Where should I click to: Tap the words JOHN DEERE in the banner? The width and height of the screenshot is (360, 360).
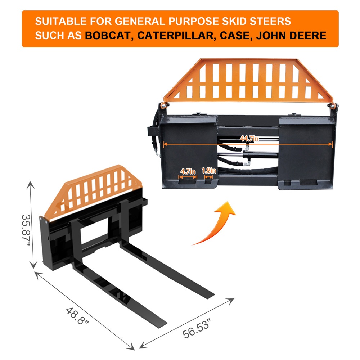[x=291, y=36]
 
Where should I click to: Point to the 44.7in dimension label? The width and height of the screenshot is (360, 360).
[x=249, y=139]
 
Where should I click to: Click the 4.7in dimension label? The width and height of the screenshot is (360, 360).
[x=188, y=171]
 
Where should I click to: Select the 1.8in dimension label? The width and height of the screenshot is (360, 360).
[x=209, y=170]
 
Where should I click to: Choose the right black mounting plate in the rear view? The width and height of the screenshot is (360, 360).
[x=306, y=153]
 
